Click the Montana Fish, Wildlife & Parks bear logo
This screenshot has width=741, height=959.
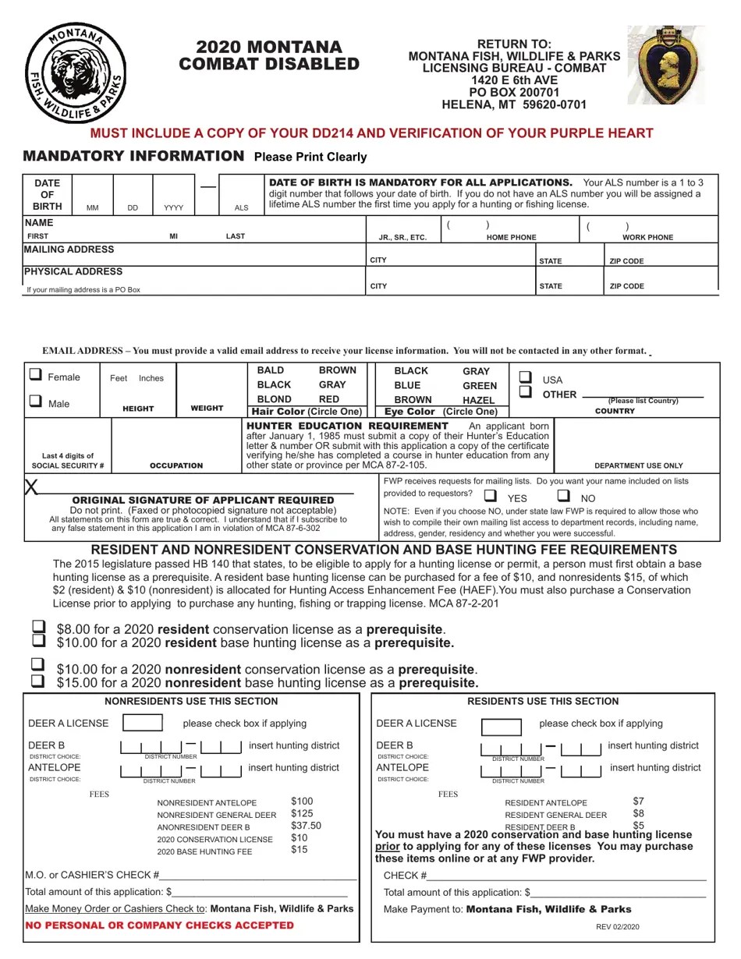(x=76, y=73)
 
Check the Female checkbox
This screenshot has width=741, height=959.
(x=36, y=375)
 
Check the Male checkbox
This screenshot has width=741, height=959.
(x=36, y=402)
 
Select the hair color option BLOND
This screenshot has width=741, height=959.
(x=274, y=399)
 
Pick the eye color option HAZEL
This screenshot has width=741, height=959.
(x=479, y=399)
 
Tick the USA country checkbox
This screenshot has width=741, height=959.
(x=526, y=377)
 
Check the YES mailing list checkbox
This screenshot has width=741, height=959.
(x=490, y=496)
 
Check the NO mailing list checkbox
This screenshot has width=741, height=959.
(x=563, y=496)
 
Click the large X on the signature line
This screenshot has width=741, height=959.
(x=32, y=487)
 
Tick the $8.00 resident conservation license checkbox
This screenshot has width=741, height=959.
(x=37, y=627)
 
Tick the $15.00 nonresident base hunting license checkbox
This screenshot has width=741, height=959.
(x=37, y=681)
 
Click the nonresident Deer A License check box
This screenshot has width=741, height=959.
(x=143, y=723)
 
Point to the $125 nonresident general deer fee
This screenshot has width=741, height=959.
(x=302, y=814)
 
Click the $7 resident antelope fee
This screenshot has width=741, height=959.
(x=639, y=802)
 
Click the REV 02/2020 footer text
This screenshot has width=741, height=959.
(x=618, y=926)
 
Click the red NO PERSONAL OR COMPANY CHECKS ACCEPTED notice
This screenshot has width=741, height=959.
(x=160, y=925)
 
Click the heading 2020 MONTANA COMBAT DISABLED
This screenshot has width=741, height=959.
(x=269, y=55)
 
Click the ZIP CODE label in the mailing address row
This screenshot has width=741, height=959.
(x=626, y=261)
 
